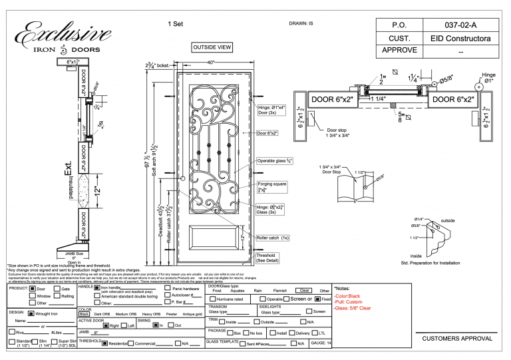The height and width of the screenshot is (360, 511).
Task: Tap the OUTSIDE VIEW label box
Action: point(212,47)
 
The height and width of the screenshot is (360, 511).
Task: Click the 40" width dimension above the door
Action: point(212,63)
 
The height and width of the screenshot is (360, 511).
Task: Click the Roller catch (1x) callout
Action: point(272,238)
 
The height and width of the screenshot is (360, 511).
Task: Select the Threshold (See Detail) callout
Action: point(270,258)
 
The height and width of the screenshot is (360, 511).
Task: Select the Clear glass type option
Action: point(303,291)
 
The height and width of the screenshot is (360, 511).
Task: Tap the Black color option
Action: point(85,314)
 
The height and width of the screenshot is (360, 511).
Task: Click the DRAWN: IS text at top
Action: point(301,23)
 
